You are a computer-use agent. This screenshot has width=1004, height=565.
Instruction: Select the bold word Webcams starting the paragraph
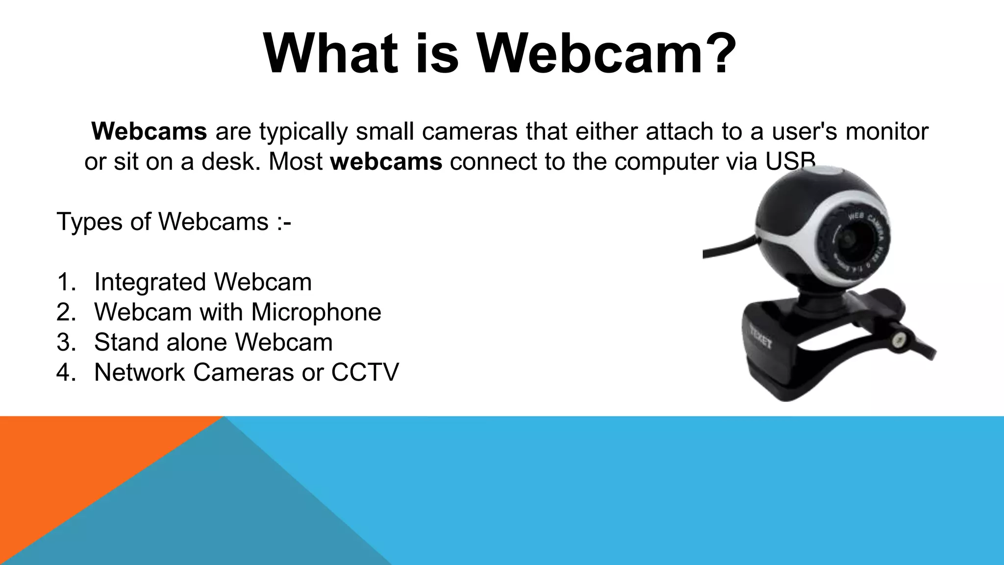pos(149,131)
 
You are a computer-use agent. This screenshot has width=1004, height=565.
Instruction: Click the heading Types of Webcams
pos(174,222)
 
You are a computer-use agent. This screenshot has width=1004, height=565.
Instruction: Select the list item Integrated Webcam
pos(202,282)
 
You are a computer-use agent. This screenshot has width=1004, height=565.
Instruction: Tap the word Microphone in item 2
pos(316,312)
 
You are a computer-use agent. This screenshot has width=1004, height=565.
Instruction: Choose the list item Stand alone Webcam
pos(213,342)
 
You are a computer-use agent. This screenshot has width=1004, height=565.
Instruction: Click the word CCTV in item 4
pos(365,372)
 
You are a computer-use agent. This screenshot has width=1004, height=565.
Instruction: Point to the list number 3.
pos(66,342)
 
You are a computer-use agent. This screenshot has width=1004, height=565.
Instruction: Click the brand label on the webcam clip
pos(759,338)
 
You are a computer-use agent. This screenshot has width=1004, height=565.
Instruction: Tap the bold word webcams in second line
pos(386,161)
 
